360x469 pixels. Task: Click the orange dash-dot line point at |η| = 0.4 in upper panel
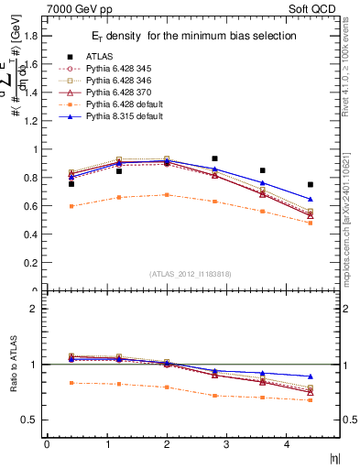click(x=71, y=206)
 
